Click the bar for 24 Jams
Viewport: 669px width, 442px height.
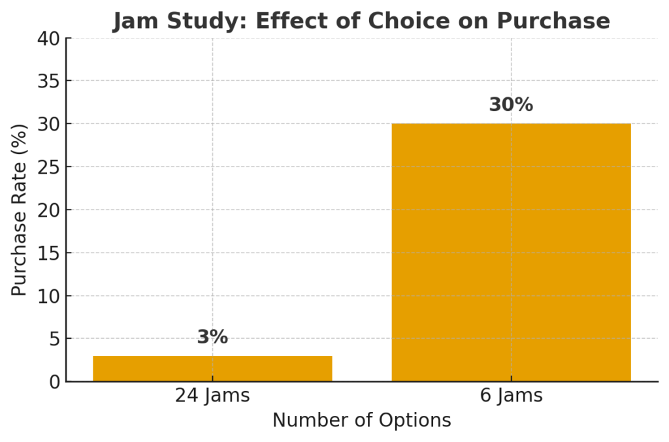point(212,368)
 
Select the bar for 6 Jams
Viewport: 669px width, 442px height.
point(511,252)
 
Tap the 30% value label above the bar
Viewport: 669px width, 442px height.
point(511,105)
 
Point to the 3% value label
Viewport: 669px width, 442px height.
point(212,338)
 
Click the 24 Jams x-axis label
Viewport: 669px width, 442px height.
point(212,396)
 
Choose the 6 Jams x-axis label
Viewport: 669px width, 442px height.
point(511,396)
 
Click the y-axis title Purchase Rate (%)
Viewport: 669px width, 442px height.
point(20,210)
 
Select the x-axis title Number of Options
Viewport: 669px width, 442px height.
point(361,420)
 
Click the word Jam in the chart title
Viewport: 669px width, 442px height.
point(135,21)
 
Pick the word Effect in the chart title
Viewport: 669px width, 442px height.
point(290,21)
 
